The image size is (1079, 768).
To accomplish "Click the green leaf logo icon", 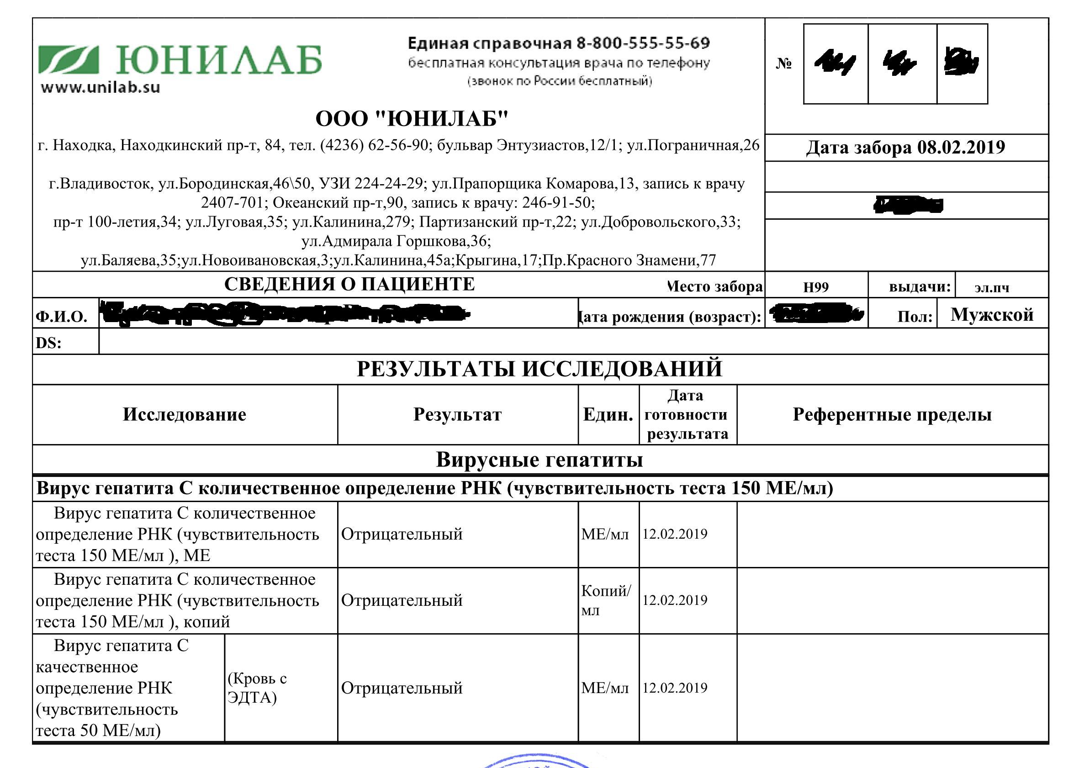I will tap(69, 60).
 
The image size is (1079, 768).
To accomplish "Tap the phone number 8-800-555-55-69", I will tap(643, 43).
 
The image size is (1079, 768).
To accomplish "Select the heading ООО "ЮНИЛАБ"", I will tap(411, 119).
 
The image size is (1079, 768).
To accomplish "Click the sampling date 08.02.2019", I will tap(961, 148).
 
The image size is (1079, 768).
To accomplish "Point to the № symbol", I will tap(783, 64).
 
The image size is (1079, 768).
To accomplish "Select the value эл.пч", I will tap(992, 287).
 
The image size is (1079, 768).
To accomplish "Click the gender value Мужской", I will tap(992, 315).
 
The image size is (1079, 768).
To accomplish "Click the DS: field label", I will tap(49, 342).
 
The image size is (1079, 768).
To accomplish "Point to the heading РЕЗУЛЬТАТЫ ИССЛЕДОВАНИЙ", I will tap(539, 369).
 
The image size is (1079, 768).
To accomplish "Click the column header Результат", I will tap(457, 415).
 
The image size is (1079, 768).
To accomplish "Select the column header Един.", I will tap(608, 415).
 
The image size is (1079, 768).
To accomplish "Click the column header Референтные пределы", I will tap(892, 415).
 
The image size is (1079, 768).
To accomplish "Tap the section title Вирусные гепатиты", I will tap(539, 460).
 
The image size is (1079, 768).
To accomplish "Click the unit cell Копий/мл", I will tap(606, 600).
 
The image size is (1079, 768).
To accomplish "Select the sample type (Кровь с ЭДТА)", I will tap(257, 688).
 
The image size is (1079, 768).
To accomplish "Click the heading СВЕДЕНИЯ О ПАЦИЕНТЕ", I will tap(349, 284).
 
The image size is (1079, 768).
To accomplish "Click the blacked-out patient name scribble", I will tap(284, 313).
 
